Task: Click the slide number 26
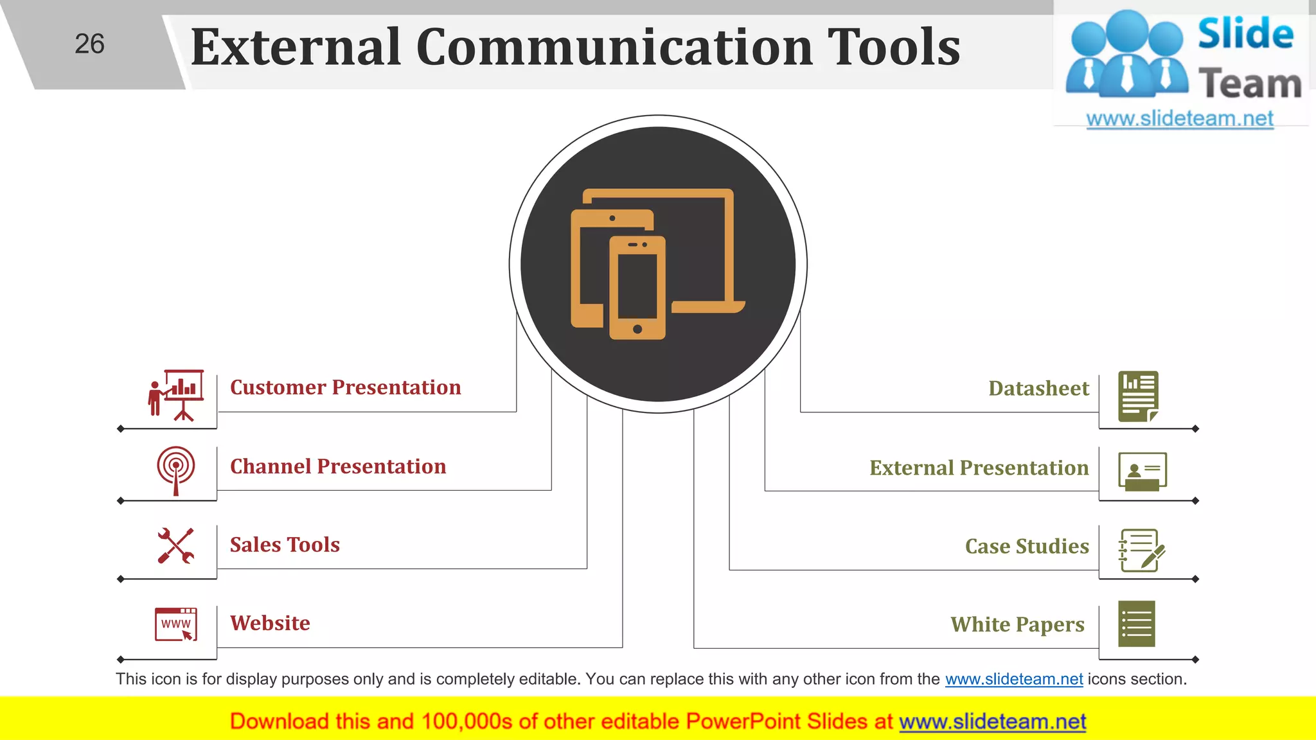89,44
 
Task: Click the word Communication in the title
615,48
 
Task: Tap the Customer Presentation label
345,387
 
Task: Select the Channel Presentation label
338,466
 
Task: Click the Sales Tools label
285,545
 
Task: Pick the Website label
270,623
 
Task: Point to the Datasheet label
1038,389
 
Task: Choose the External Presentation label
979,468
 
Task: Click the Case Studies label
1027,546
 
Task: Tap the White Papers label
1017,624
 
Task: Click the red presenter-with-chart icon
176,395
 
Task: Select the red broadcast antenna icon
175,470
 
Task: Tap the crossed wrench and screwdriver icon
175,546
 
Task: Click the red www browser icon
175,624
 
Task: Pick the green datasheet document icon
1138,396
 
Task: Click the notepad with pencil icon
1141,550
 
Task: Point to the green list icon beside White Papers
1136,624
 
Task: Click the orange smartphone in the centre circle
637,288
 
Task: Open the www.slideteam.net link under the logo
1179,119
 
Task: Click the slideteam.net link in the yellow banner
992,722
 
